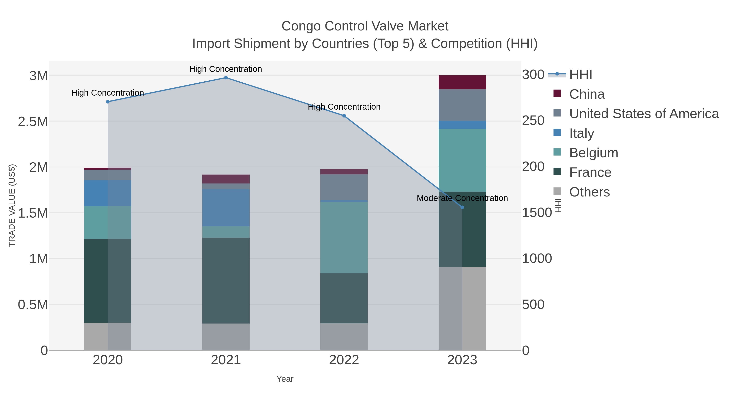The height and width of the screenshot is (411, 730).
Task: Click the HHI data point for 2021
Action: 226,78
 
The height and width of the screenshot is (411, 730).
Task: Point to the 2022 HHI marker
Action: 344,116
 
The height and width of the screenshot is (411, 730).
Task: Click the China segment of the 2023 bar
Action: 462,82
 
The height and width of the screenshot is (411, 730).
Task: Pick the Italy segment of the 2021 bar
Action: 226,207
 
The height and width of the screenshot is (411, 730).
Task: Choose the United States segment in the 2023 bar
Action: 462,105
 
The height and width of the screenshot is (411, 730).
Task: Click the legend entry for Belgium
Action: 593,153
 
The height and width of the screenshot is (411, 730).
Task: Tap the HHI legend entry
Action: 580,75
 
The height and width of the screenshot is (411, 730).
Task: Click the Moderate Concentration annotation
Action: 462,198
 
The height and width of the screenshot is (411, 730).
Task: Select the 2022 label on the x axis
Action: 344,360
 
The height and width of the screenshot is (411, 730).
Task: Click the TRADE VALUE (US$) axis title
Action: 12,205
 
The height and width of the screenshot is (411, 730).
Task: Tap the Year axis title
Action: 285,379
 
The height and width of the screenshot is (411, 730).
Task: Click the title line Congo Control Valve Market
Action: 365,26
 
